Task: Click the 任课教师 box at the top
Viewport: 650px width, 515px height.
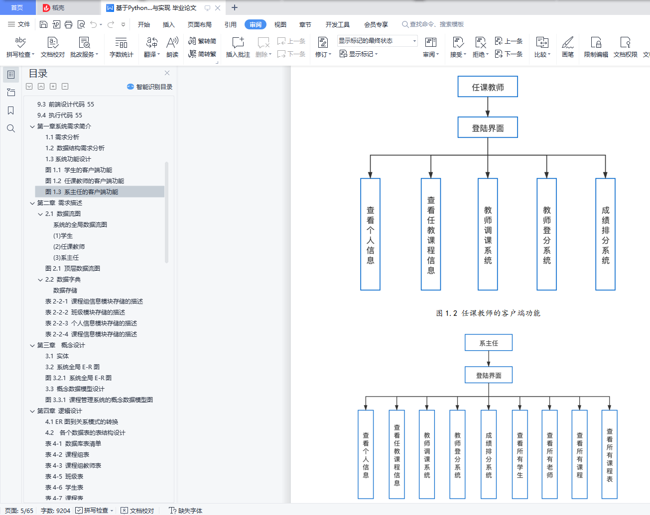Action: pyautogui.click(x=488, y=87)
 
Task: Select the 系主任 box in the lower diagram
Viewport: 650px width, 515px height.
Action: pyautogui.click(x=488, y=343)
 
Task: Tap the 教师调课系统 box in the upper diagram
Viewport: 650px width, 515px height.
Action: pyautogui.click(x=488, y=234)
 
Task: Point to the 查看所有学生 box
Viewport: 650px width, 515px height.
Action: pyautogui.click(x=520, y=454)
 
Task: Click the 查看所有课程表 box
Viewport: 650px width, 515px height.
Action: pyautogui.click(x=609, y=454)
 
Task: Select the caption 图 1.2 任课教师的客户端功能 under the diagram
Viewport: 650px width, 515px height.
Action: pyautogui.click(x=488, y=313)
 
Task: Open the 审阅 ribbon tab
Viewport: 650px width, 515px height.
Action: pyautogui.click(x=255, y=24)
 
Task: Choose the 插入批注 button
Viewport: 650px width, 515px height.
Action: pyautogui.click(x=238, y=47)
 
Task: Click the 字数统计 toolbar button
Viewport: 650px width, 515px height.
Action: pyautogui.click(x=122, y=47)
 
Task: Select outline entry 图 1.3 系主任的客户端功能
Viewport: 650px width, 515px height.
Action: pyautogui.click(x=82, y=192)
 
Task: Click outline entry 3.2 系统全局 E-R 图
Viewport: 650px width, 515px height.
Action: pyautogui.click(x=72, y=367)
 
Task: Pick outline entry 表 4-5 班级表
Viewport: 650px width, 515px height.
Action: pyautogui.click(x=64, y=476)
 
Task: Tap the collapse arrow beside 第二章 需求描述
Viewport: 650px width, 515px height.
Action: pyautogui.click(x=32, y=203)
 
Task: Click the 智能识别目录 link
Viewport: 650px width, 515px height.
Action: pyautogui.click(x=150, y=87)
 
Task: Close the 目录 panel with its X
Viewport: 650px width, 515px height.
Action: pyautogui.click(x=167, y=73)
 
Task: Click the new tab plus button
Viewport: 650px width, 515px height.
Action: pyautogui.click(x=235, y=7)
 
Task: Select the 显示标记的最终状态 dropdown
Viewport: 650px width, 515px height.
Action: pyautogui.click(x=377, y=41)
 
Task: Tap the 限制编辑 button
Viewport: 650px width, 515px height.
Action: pyautogui.click(x=596, y=47)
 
